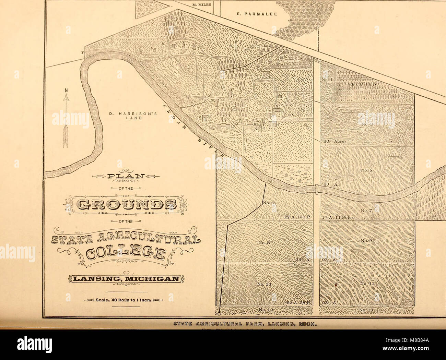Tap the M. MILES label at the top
coord(202,5)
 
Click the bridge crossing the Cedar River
coord(316,189)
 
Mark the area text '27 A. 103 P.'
coord(297,217)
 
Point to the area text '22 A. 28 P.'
coord(298,303)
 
